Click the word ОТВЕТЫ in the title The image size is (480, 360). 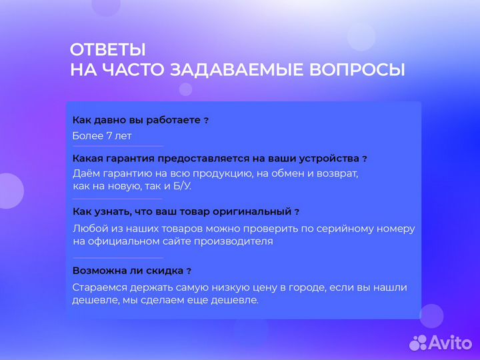pos(107,50)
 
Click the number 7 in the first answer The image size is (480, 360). pos(109,136)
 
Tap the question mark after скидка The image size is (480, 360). pos(189,271)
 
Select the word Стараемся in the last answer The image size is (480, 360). pos(98,287)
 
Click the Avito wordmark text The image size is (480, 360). pos(449,342)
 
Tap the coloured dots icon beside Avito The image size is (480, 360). pos(418,342)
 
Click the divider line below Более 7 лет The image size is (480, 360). pos(117,146)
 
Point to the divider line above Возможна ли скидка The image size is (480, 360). pos(117,257)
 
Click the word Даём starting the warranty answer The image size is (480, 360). pos(86,173)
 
